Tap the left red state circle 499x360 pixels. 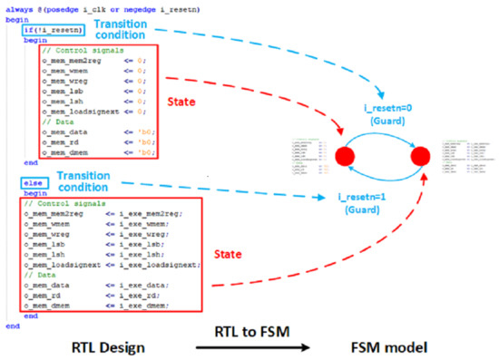[x=346, y=156]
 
